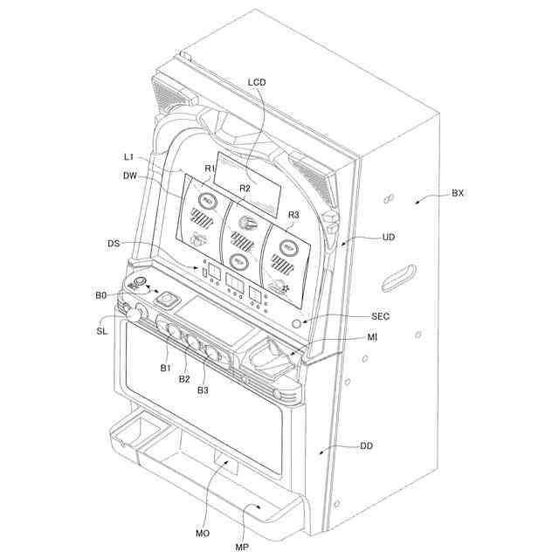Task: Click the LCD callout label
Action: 257,81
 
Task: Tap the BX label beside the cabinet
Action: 458,193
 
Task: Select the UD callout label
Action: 390,236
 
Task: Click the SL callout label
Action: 102,331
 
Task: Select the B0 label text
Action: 101,296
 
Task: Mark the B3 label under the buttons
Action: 203,390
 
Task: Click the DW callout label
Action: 130,175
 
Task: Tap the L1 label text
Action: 129,156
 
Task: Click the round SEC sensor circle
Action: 295,322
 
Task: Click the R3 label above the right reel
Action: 293,214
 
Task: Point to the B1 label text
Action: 165,369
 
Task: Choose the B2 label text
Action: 184,378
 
